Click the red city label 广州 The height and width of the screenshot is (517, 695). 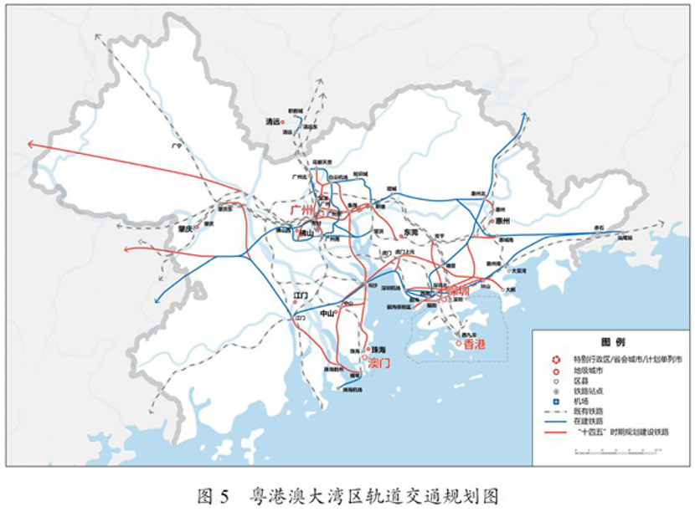301,209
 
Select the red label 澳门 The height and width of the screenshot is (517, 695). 378,365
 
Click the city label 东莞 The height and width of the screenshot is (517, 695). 409,232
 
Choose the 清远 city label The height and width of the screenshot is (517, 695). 270,121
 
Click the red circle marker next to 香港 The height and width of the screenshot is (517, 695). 459,343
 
